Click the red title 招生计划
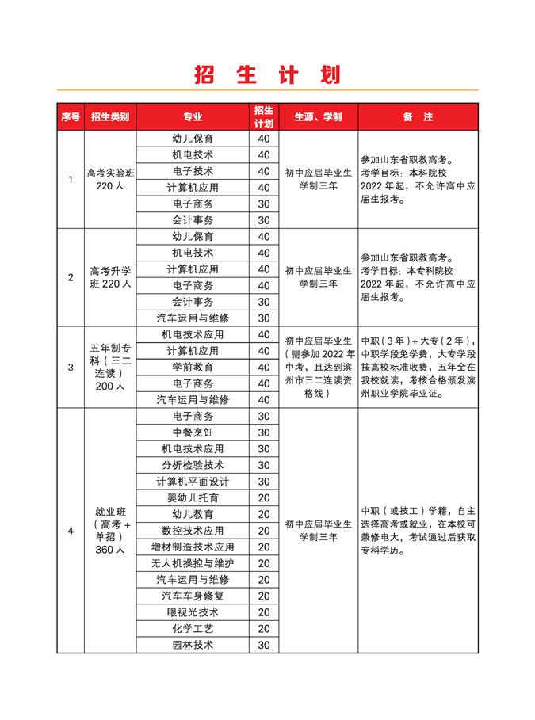coord(267,74)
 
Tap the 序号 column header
coord(71,117)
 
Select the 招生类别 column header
coord(110,117)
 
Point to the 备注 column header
coord(418,117)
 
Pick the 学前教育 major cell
coord(193,368)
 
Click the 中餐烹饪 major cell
coord(193,432)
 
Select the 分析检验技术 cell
coord(193,465)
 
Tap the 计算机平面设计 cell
coord(193,482)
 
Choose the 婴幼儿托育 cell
coord(193,498)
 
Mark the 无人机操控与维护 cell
coord(193,563)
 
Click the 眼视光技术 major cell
coord(193,612)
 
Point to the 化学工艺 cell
coord(193,629)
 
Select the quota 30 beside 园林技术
coord(264,645)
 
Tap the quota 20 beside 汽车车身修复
coord(264,596)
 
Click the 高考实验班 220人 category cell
coord(110,180)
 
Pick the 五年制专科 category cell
coord(110,368)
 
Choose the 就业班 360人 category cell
coord(110,531)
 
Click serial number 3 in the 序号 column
coord(71,368)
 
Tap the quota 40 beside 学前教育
coord(264,368)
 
